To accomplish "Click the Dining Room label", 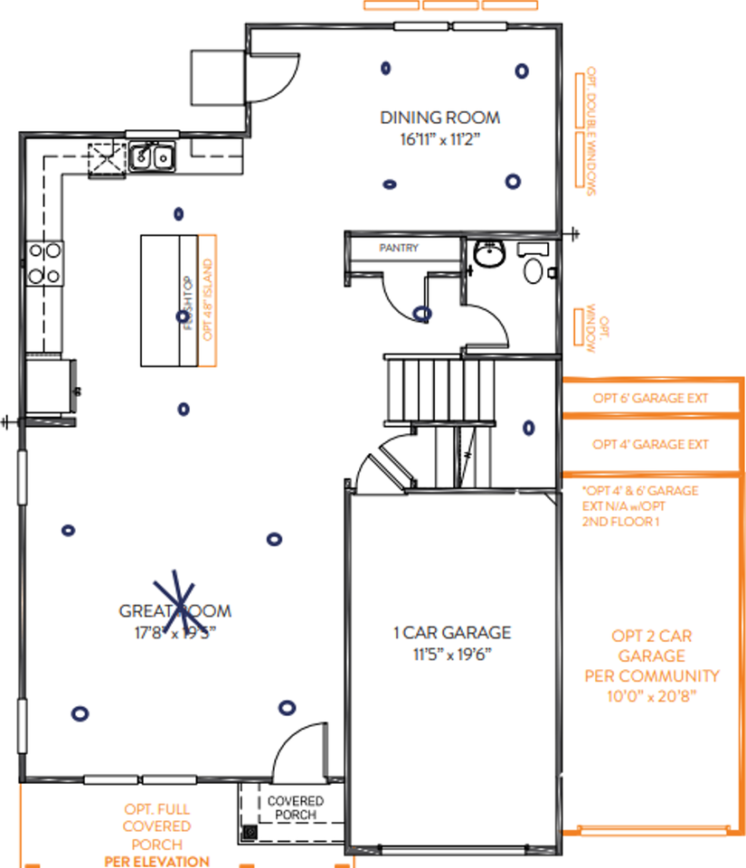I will pos(439,118).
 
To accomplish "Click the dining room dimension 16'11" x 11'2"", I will pos(439,138).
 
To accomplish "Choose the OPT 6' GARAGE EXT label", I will pos(650,398).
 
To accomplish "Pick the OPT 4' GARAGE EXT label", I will pos(650,445).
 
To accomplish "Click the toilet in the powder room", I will pos(534,269).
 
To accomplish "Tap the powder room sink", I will pos(488,255).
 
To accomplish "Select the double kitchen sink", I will pos(152,158).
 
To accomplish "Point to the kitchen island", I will pos(169,300).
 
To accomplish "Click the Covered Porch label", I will pos(295,808).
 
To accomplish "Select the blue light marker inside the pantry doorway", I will pos(421,314).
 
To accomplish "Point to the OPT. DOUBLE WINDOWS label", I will pos(593,132).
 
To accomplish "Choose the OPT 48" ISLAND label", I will pos(207,300).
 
